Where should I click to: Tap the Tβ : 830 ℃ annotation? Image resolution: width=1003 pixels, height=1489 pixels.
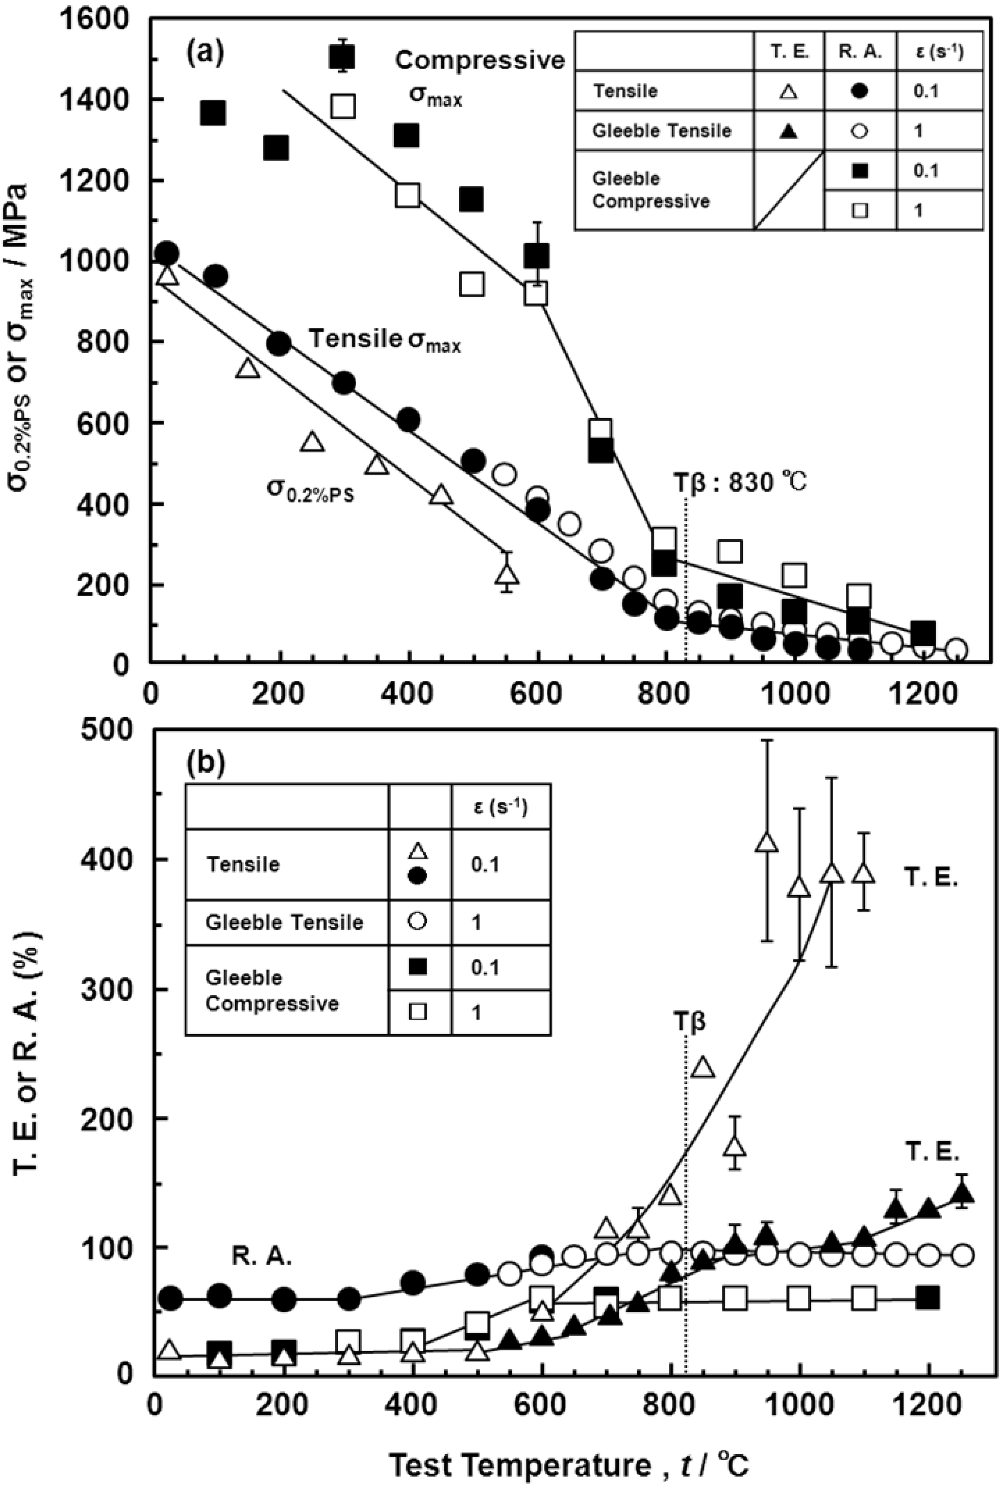click(x=740, y=482)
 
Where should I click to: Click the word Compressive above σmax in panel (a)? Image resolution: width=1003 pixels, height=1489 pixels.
click(x=480, y=60)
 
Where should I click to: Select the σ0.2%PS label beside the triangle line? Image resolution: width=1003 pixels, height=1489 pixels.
click(x=310, y=489)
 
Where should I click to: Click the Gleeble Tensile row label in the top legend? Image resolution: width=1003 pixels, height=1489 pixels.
click(x=661, y=131)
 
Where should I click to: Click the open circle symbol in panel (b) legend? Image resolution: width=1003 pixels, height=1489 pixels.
click(x=418, y=922)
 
